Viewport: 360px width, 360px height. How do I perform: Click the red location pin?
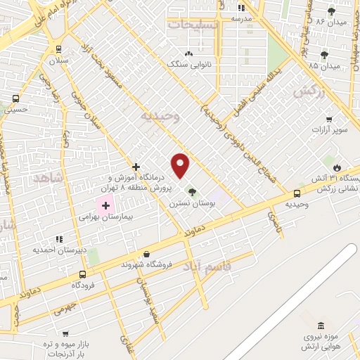tap(181, 165)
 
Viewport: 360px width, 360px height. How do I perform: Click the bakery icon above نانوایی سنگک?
tap(188, 53)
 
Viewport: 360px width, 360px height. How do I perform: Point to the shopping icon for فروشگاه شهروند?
tap(146, 254)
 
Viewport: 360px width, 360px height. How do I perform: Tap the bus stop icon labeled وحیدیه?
tap(297, 193)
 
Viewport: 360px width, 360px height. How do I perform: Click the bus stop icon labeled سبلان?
tap(58, 49)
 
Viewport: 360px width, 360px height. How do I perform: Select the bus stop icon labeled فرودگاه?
tap(82, 274)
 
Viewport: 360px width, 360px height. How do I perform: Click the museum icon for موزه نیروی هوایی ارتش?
tap(321, 325)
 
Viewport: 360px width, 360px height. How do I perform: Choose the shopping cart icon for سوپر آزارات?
tap(328, 120)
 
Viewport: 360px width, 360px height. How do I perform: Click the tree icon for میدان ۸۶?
tap(333, 11)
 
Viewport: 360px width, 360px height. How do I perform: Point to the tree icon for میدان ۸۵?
tap(323, 55)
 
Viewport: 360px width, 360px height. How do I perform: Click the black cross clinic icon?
tap(136, 167)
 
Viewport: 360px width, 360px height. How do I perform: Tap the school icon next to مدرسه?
tap(241, 8)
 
